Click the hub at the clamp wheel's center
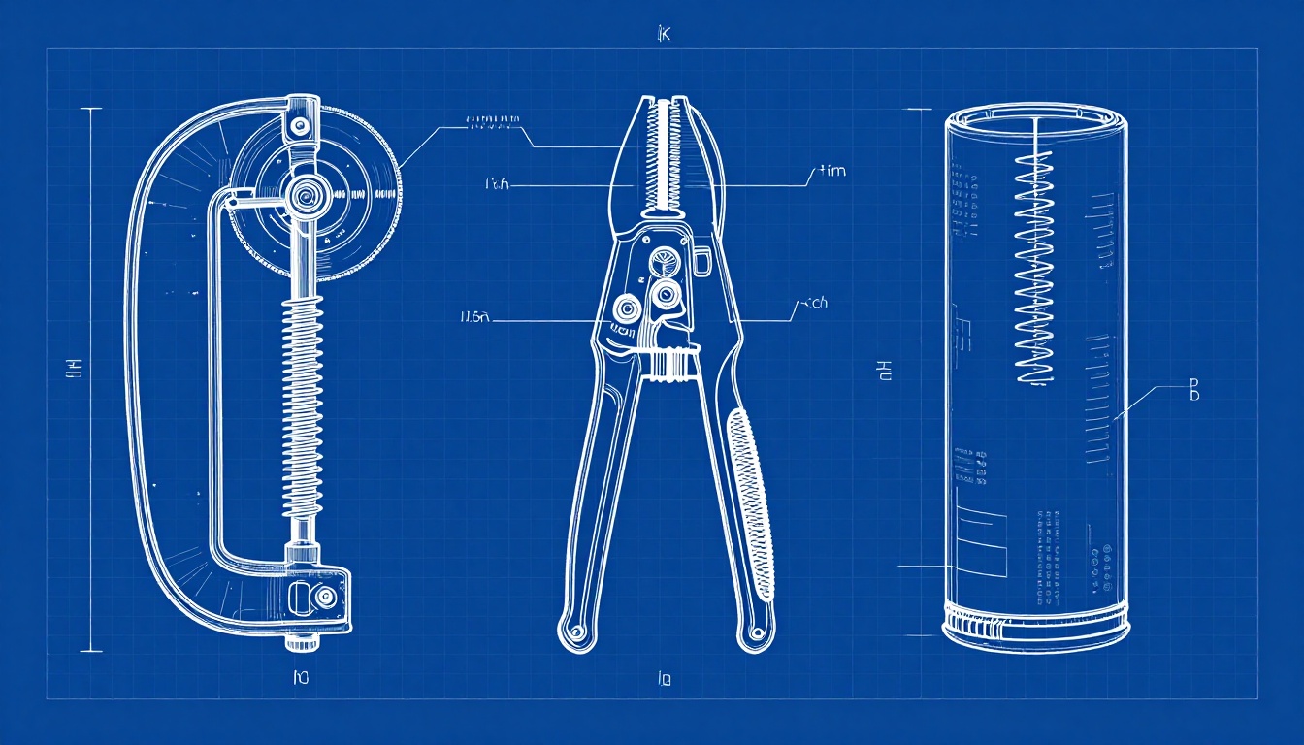305,195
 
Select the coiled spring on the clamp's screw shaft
303,407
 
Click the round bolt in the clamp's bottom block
325,596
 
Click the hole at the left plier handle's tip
575,633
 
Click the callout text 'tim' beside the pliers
831,172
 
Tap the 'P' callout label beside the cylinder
1194,390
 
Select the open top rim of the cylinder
1036,114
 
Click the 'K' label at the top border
664,35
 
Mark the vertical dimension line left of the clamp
91,378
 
